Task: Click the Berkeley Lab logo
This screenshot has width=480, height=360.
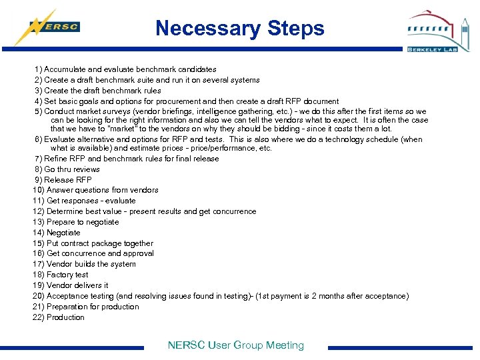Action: coord(438,31)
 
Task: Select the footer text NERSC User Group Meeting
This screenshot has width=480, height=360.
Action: coord(235,345)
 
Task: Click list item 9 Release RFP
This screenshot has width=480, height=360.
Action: coord(63,180)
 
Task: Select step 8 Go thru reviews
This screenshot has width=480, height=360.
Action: coord(67,169)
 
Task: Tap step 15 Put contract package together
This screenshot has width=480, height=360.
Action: coord(93,243)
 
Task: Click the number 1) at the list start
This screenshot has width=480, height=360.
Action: coord(39,69)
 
